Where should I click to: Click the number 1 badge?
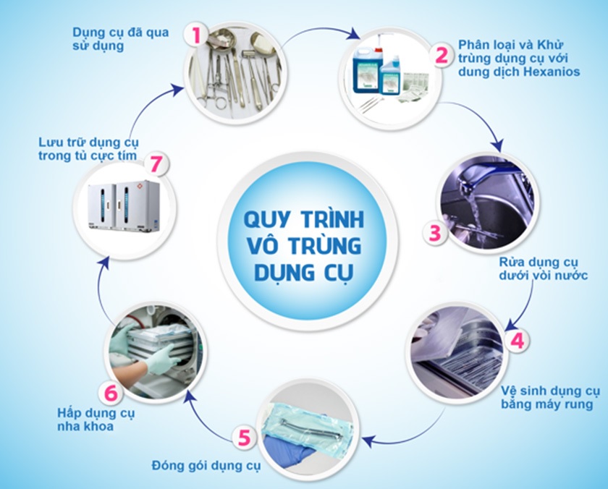195,33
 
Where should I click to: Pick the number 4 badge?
518,340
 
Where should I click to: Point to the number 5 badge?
244,438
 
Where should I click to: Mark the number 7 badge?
155,163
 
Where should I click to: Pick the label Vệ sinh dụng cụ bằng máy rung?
550,398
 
